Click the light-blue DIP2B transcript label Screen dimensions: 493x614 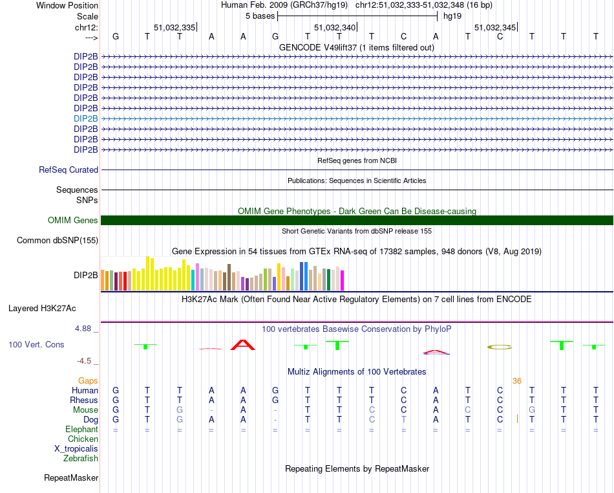coord(86,118)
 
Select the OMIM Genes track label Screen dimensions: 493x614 coord(73,221)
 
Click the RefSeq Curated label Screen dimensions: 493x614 coord(69,170)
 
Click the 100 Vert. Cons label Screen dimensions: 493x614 coord(36,345)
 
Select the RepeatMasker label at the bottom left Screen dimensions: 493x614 coord(71,478)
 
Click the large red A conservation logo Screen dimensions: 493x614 coord(243,345)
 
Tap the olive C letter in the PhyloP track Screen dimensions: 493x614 coord(499,347)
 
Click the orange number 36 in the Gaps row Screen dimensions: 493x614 coord(516,381)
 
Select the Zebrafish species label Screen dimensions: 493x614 coord(81,459)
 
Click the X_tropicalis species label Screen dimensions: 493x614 coord(76,449)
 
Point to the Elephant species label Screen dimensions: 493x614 coord(81,430)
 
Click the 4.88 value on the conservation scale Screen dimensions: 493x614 coord(83,329)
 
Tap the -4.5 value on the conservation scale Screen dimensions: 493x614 coord(84,361)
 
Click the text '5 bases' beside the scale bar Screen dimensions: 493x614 coord(259,16)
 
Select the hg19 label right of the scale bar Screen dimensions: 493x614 coord(452,16)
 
